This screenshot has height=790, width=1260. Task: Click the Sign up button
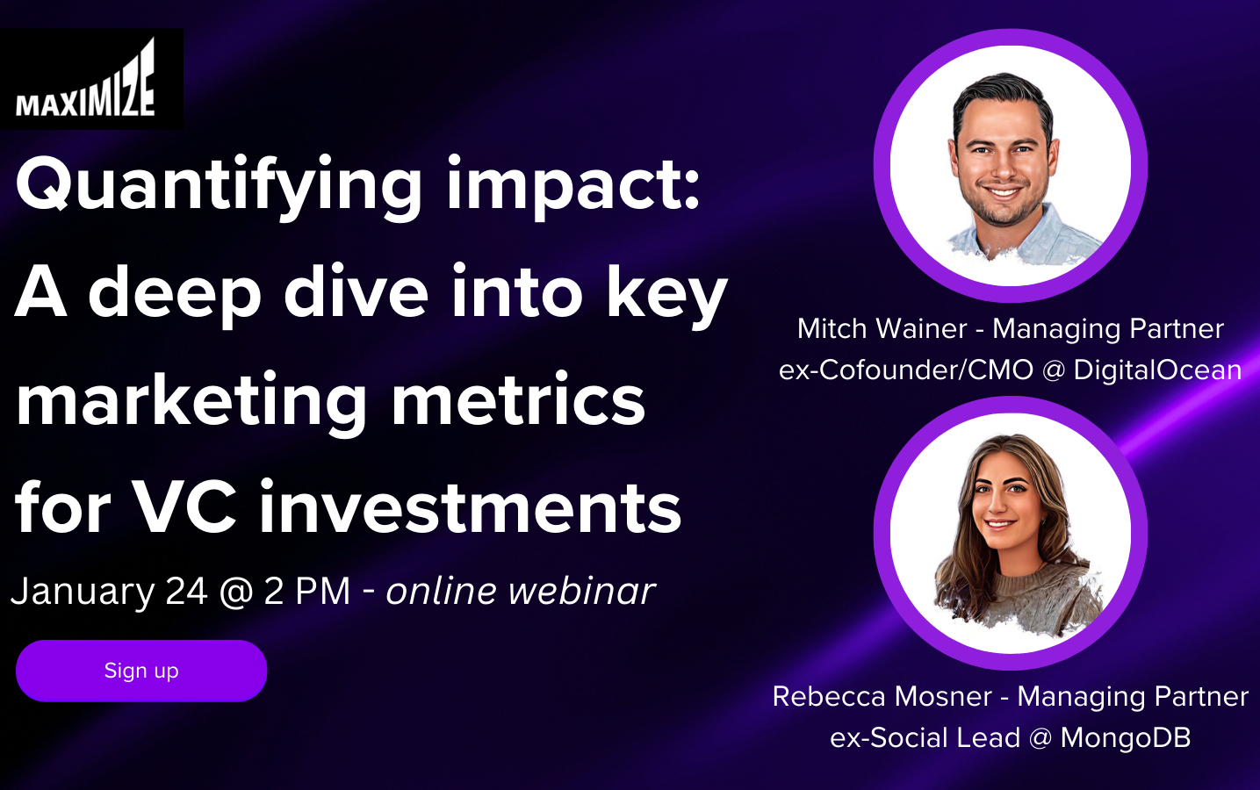tap(141, 671)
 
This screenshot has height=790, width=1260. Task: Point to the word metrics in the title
tap(518, 400)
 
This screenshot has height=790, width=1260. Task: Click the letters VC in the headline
tap(184, 507)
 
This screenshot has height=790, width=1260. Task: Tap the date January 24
tap(109, 591)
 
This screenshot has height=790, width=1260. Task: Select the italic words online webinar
tap(520, 591)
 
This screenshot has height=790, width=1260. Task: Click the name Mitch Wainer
tap(882, 328)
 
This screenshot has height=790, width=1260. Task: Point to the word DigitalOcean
tap(1157, 370)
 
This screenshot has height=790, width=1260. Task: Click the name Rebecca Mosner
tap(882, 696)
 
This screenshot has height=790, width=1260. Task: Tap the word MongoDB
tap(1125, 737)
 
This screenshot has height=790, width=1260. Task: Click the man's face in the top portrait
tap(1003, 162)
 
